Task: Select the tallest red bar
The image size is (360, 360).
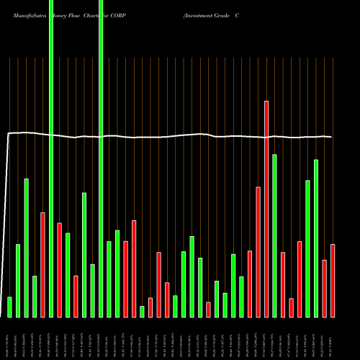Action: tap(266, 209)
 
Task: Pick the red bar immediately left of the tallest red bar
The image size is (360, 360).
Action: tap(258, 252)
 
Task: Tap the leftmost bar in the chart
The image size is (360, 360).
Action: tap(9, 307)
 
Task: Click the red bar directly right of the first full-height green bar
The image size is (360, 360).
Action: tap(59, 270)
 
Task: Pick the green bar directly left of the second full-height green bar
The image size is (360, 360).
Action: tap(92, 291)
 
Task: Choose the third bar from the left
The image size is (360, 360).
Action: tap(26, 248)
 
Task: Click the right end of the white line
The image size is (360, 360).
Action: tap(331, 137)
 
